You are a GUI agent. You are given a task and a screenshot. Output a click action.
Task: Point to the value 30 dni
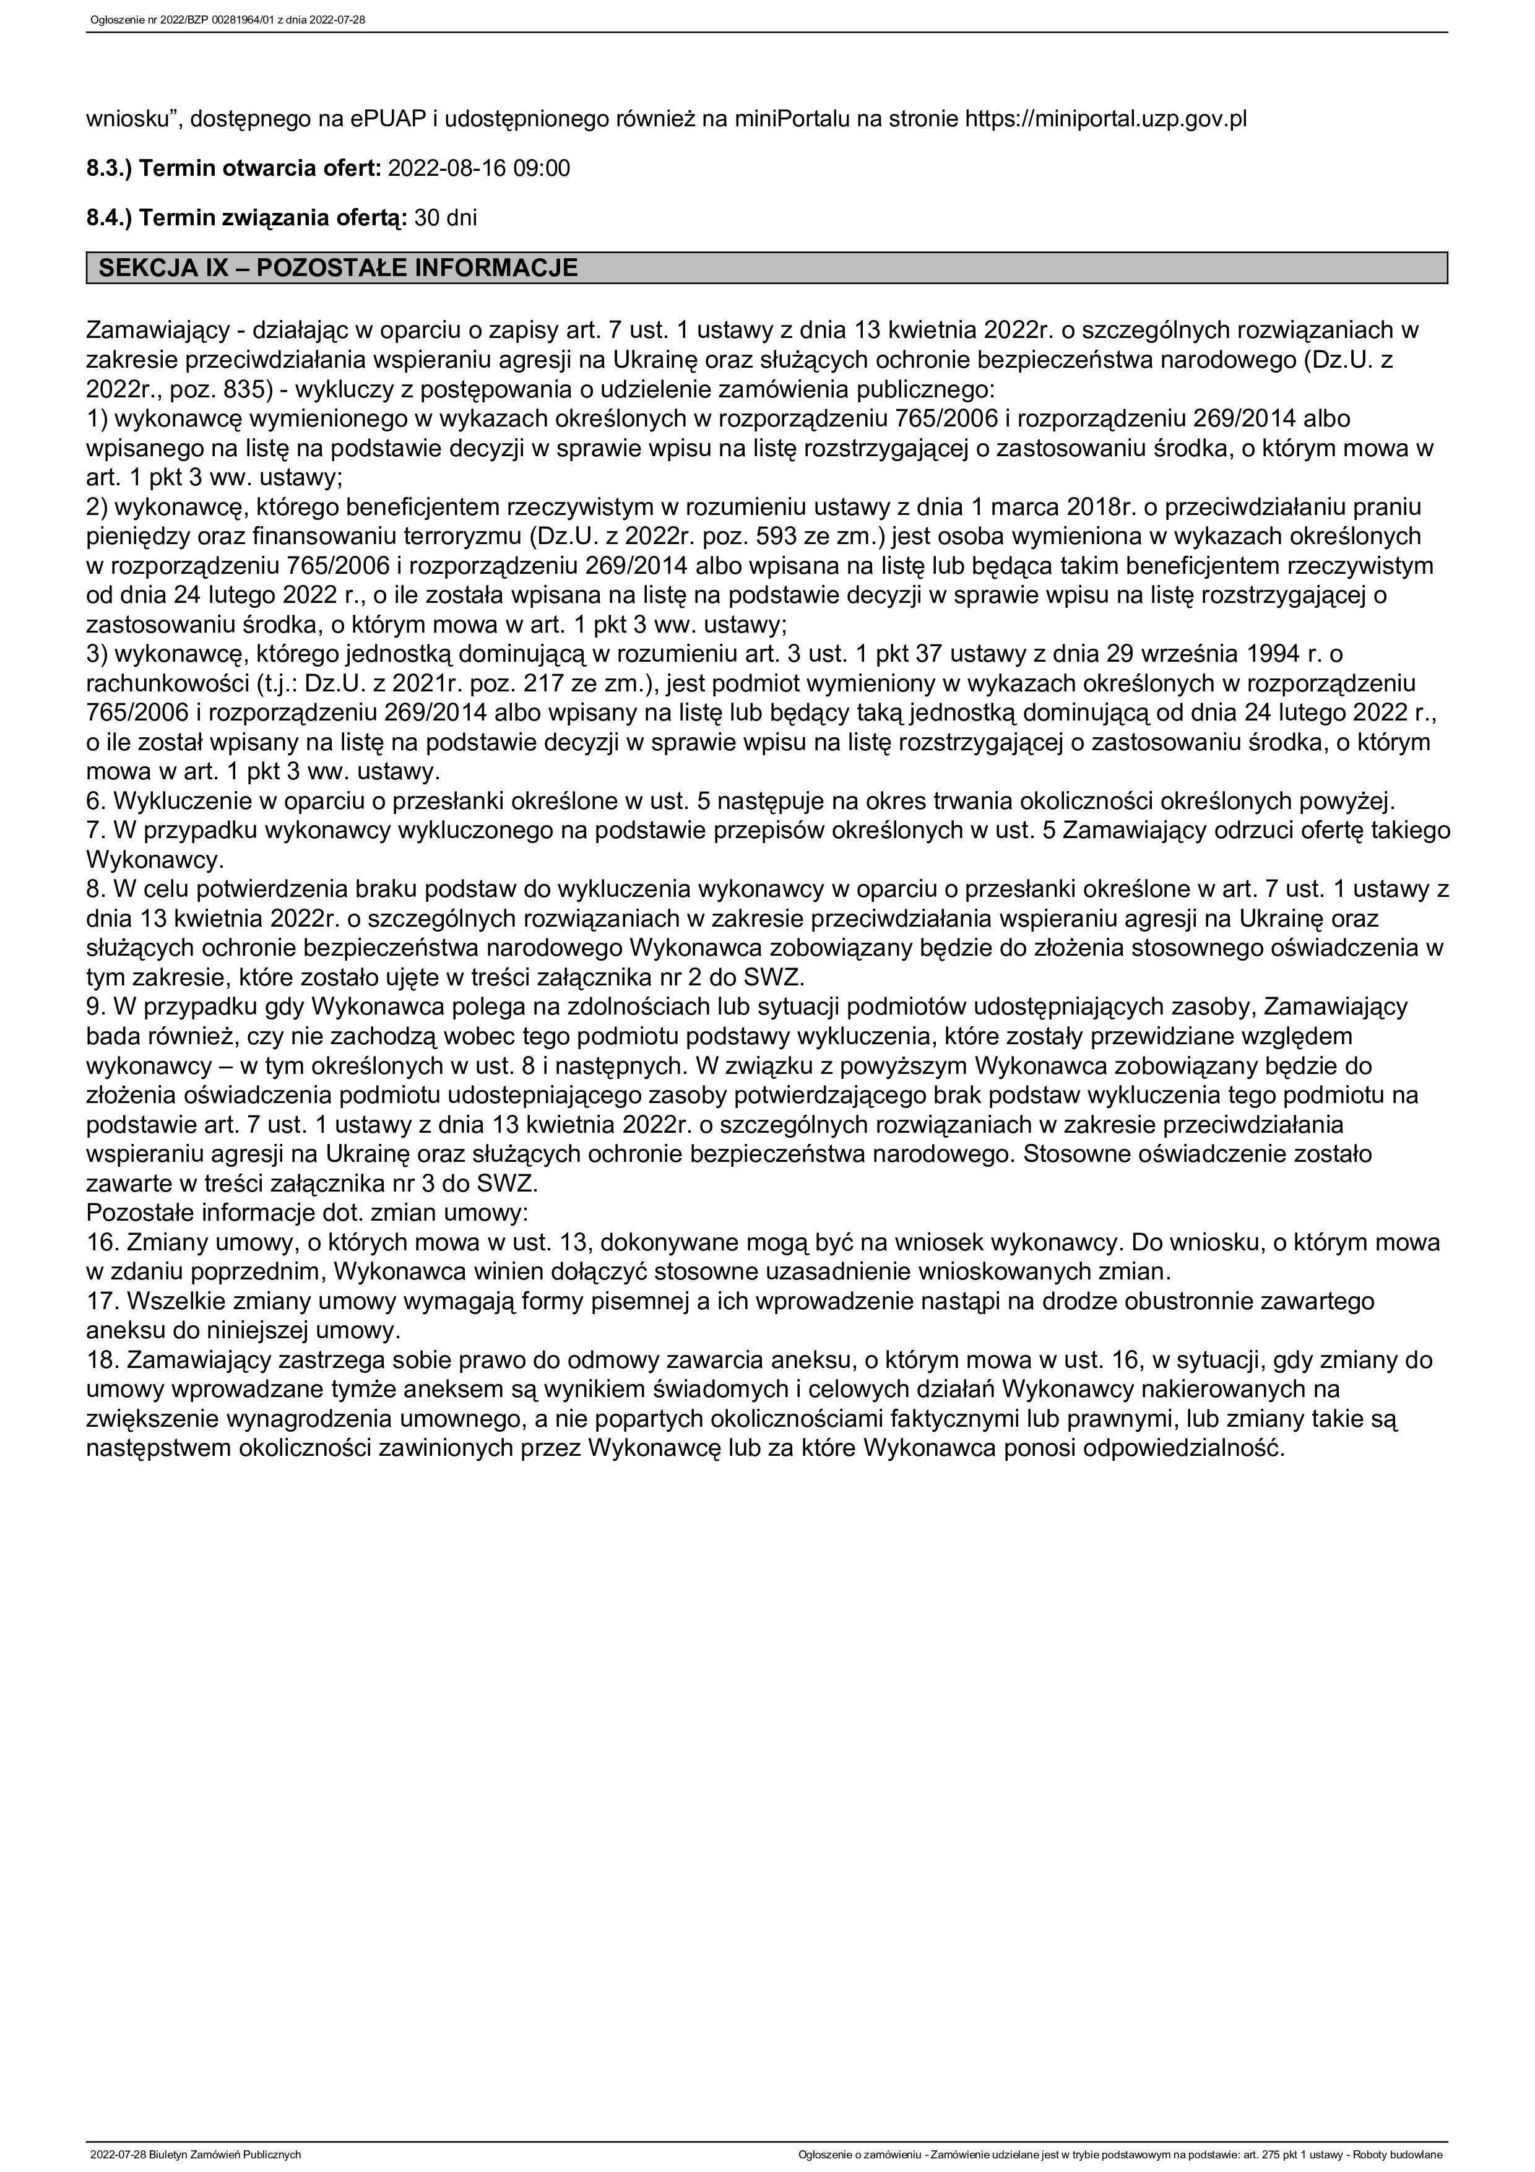coord(446,218)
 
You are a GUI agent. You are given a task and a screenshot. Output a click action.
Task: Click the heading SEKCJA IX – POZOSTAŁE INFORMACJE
coord(338,268)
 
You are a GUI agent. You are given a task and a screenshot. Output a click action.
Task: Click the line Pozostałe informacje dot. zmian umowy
coord(308,1212)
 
